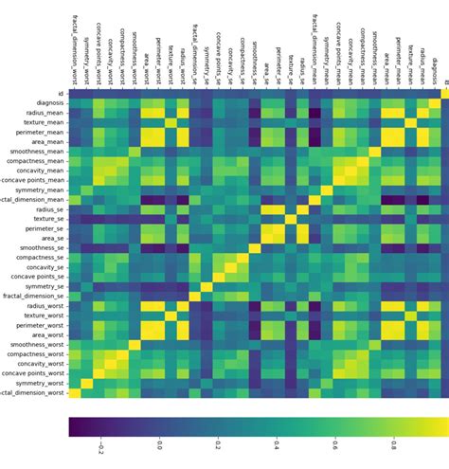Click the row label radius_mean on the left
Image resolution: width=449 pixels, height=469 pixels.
[44, 112]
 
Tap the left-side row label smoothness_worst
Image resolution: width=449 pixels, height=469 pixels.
[36, 344]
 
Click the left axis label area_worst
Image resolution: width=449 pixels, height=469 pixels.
[46, 334]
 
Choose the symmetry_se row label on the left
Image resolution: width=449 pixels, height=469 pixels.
[44, 286]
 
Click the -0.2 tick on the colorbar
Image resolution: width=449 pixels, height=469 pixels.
[100, 446]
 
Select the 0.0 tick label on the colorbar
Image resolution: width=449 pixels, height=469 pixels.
[159, 445]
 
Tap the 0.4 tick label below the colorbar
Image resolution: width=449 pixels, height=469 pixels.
[276, 445]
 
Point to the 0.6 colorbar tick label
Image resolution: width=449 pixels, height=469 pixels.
[334, 445]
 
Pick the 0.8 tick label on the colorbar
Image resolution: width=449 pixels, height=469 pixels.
[393, 445]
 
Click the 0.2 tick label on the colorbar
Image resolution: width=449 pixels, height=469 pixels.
[218, 445]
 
